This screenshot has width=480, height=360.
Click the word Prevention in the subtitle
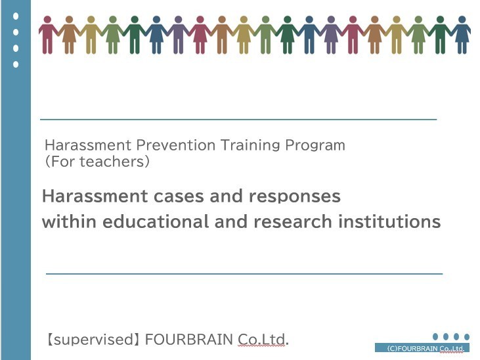[176, 145]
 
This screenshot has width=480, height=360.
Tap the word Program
[315, 146]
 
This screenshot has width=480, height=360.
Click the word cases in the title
[179, 196]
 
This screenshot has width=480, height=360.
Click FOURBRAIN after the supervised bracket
[189, 340]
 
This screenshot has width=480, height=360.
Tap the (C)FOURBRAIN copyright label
[425, 348]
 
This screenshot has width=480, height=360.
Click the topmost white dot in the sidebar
[16, 16]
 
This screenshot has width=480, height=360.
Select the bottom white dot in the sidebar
[16, 64]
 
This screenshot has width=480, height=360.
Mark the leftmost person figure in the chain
[47, 35]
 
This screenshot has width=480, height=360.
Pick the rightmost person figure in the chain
[462, 35]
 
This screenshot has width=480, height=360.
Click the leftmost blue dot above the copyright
[435, 337]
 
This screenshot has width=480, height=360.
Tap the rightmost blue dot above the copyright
[467, 337]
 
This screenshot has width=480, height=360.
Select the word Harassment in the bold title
[95, 196]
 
